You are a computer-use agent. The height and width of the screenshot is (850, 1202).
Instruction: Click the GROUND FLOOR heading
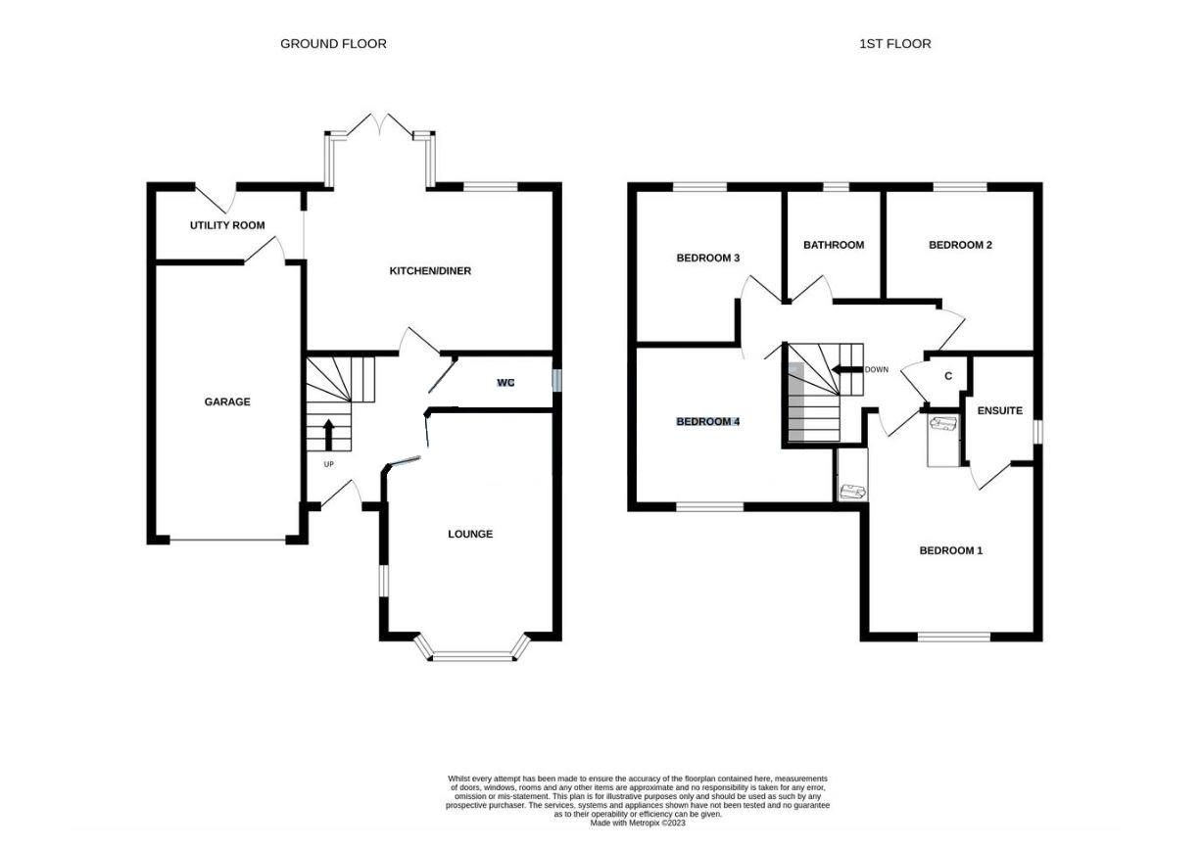click(333, 43)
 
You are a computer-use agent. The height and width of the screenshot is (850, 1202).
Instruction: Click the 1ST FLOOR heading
click(894, 43)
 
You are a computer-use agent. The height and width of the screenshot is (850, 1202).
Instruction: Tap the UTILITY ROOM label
click(227, 225)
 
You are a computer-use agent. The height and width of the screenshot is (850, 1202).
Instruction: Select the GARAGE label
click(227, 401)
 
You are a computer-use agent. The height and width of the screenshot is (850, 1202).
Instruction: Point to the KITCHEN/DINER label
click(431, 270)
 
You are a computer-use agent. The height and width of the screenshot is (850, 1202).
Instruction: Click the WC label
click(505, 382)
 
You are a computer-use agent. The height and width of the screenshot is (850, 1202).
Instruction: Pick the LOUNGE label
click(470, 534)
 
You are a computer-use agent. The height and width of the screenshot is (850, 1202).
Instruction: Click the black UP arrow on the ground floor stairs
click(328, 432)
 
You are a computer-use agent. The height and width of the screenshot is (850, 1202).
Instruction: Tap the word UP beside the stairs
click(328, 463)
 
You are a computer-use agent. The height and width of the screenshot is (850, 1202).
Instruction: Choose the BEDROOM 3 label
click(707, 259)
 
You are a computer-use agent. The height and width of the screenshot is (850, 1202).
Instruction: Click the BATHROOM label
click(834, 245)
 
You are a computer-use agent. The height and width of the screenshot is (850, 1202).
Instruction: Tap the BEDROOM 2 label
click(960, 245)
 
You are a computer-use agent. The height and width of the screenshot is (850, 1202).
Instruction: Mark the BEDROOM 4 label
click(707, 422)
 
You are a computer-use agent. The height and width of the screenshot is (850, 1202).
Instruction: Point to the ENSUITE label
click(999, 411)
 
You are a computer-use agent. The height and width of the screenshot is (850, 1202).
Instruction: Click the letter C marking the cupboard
click(947, 376)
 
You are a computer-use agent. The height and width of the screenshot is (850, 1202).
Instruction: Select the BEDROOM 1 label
click(950, 550)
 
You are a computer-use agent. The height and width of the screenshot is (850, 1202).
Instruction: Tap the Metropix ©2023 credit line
click(638, 824)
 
